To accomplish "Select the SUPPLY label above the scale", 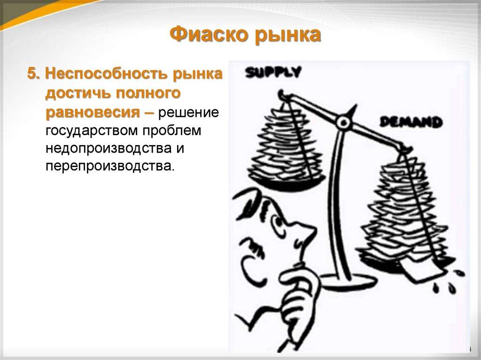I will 273,72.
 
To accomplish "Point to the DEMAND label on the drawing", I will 411,122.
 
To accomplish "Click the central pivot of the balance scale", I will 344,123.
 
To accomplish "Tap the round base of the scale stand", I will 348,281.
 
